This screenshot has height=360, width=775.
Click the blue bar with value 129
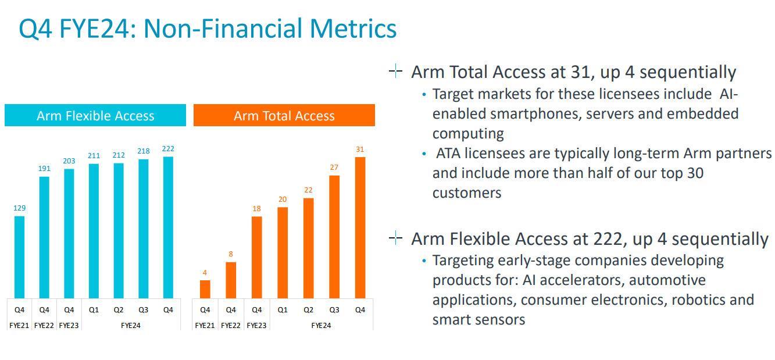click(x=19, y=257)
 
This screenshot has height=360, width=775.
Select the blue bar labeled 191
click(x=44, y=237)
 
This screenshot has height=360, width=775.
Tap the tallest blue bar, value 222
click(x=168, y=227)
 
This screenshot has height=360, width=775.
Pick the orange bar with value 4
click(x=205, y=290)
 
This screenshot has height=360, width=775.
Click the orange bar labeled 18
click(x=257, y=258)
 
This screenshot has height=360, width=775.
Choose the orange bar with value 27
click(x=334, y=237)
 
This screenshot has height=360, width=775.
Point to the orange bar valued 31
click(x=360, y=228)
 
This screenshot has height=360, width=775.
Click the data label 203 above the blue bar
click(x=69, y=161)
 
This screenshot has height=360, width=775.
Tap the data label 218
click(x=143, y=151)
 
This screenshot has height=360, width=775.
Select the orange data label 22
click(x=308, y=190)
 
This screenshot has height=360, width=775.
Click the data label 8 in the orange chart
click(x=231, y=254)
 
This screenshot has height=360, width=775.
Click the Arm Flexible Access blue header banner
click(x=95, y=115)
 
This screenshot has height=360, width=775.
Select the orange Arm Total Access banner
click(x=284, y=115)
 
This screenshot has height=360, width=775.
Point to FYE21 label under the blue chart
click(x=19, y=326)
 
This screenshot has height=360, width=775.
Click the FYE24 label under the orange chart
click(x=321, y=326)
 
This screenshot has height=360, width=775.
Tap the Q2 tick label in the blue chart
click(x=119, y=310)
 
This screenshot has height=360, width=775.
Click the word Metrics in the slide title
click(x=353, y=28)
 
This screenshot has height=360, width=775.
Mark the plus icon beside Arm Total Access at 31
click(x=395, y=72)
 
